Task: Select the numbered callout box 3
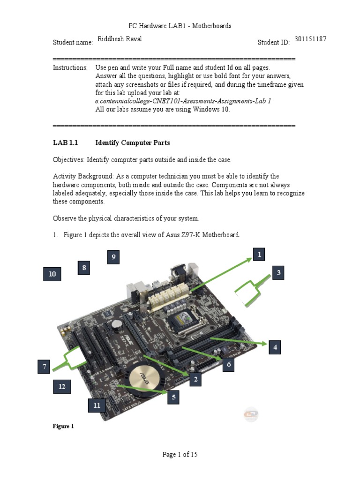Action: coord(278,273)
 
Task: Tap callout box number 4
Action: coord(275,347)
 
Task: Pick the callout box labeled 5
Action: coord(173,397)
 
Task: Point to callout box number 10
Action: coord(52,274)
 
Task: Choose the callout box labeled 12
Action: coord(61,387)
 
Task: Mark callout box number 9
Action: coord(113,257)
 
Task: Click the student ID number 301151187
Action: coord(310,39)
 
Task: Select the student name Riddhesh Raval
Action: coord(119,39)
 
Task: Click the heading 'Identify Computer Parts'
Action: coord(133,142)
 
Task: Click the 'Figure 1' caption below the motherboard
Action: coord(63,426)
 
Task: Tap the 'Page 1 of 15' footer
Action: coord(180,454)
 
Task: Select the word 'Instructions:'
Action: coord(70,67)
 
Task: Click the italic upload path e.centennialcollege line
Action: coord(183,101)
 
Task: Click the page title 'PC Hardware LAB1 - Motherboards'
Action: coord(180,26)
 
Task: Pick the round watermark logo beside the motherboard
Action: coord(251,413)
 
